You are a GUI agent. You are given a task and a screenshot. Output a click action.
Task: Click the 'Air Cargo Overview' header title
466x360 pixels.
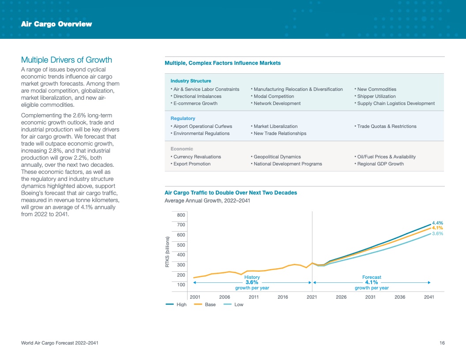click(x=56, y=24)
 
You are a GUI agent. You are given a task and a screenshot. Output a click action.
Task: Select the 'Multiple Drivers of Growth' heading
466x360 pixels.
click(x=67, y=60)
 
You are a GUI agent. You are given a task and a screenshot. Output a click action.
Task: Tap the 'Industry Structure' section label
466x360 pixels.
click(x=191, y=81)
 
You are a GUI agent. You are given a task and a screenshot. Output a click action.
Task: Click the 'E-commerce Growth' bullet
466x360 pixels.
click(x=195, y=103)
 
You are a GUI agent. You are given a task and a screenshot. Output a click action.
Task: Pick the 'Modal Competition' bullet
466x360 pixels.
click(x=274, y=96)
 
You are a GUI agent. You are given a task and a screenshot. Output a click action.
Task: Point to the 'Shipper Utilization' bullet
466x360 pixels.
click(x=376, y=96)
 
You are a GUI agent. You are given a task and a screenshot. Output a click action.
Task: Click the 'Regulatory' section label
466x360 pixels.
click(x=183, y=118)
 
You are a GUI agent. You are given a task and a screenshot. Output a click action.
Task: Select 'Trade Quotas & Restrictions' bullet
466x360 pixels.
click(x=387, y=126)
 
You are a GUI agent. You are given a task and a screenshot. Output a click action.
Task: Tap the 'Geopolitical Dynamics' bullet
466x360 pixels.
click(x=277, y=157)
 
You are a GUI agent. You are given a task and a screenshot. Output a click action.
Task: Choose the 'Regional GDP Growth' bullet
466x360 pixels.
click(x=380, y=164)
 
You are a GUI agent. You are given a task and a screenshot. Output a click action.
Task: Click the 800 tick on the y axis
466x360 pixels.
click(x=181, y=215)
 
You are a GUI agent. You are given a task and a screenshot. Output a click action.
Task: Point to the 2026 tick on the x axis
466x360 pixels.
click(x=341, y=297)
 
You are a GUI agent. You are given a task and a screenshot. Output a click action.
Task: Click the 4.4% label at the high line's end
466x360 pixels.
click(x=437, y=223)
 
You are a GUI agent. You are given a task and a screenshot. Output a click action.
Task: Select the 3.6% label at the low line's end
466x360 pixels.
click(x=437, y=233)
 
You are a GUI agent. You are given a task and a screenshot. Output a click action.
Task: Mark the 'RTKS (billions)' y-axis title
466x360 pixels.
click(x=168, y=252)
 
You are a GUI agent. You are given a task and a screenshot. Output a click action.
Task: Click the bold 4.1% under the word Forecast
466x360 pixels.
click(x=372, y=282)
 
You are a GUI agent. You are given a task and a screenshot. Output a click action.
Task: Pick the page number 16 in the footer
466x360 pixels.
click(x=442, y=343)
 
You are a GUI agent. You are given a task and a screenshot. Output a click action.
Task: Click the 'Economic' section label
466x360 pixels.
click(x=182, y=149)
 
